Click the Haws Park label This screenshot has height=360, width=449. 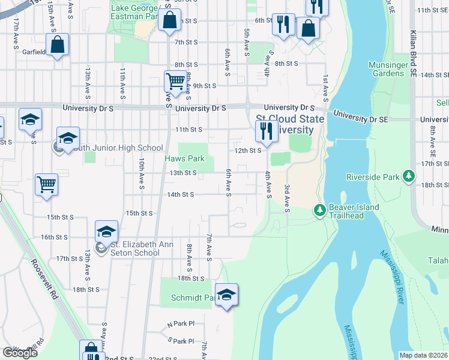(x=185, y=159)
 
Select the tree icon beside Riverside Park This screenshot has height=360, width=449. (x=409, y=176)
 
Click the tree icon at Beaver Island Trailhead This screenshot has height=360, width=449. (x=319, y=210)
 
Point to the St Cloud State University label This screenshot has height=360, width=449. (x=290, y=124)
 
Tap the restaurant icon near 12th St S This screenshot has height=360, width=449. (x=265, y=130)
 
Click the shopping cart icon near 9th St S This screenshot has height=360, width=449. (x=175, y=80)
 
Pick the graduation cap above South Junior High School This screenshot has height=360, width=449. (x=68, y=137)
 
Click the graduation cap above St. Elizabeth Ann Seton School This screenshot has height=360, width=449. (x=106, y=232)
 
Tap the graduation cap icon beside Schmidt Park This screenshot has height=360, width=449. (x=226, y=295)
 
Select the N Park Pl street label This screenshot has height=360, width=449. (x=181, y=323)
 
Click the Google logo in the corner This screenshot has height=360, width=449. (x=20, y=353)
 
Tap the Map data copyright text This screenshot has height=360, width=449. (x=424, y=355)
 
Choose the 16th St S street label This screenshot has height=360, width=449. (x=53, y=237)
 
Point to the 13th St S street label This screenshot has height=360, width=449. (x=182, y=173)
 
